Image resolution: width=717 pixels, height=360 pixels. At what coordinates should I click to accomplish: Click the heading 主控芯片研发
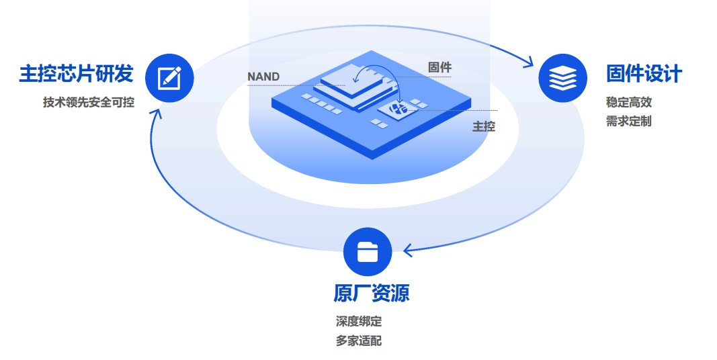[76, 73]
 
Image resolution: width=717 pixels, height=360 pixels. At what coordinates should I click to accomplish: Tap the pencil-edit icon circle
[169, 77]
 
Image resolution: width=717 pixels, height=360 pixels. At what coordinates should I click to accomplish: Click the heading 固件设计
[644, 73]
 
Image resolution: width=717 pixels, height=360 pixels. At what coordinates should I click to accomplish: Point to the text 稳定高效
[628, 103]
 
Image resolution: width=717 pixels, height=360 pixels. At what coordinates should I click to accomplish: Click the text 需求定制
[628, 122]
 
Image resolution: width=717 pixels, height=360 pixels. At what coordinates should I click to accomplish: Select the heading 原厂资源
[371, 293]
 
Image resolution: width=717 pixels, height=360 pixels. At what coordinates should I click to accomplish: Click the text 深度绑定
[359, 322]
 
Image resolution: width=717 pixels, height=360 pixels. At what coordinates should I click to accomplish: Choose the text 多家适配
[359, 341]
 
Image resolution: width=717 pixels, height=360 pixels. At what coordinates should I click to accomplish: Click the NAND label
[263, 77]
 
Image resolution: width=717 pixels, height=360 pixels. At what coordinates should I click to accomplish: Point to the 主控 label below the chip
[484, 126]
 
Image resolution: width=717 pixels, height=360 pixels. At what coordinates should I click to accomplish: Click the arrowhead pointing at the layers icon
[530, 66]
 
